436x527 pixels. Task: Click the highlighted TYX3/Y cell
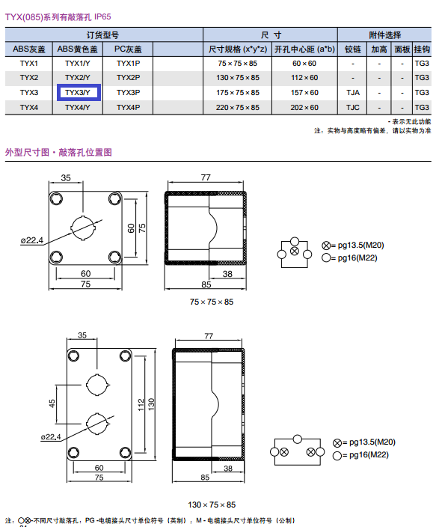pos(79,92)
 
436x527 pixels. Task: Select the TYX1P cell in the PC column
pos(128,64)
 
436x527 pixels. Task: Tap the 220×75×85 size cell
pos(238,108)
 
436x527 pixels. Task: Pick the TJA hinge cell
pos(353,92)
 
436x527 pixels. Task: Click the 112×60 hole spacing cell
pos(304,78)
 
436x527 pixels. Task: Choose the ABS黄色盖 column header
pos(77,49)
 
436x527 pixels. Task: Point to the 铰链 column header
pos(353,49)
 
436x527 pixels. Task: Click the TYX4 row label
pos(29,108)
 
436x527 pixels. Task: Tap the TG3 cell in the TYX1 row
pos(422,64)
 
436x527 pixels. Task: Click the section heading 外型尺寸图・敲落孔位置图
pos(58,152)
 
